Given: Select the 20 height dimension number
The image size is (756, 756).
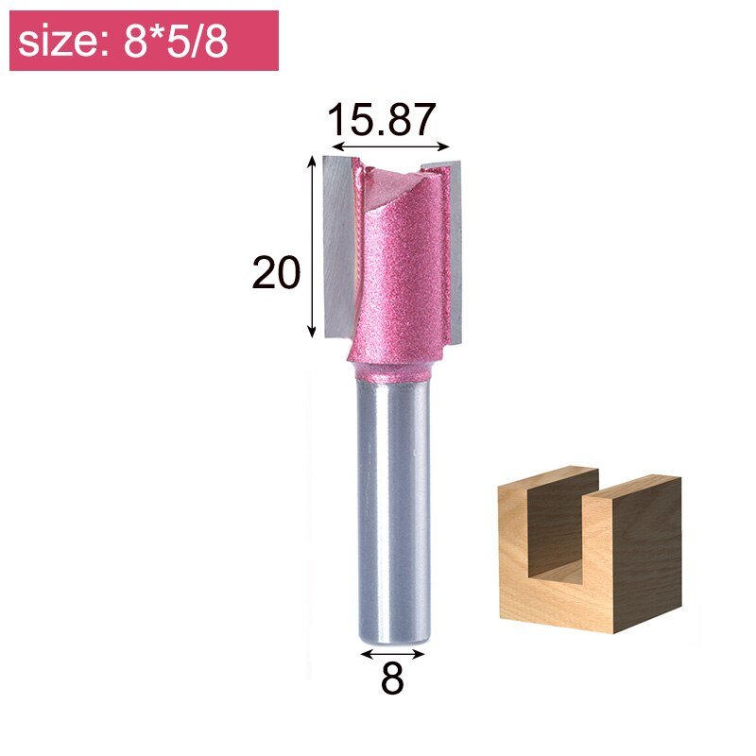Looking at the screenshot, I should pyautogui.click(x=276, y=273).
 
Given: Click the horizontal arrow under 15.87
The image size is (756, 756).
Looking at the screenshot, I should pyautogui.click(x=390, y=147).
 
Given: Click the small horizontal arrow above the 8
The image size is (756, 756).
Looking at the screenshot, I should pyautogui.click(x=392, y=652).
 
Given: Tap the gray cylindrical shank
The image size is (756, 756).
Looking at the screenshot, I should pyautogui.click(x=392, y=510).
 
